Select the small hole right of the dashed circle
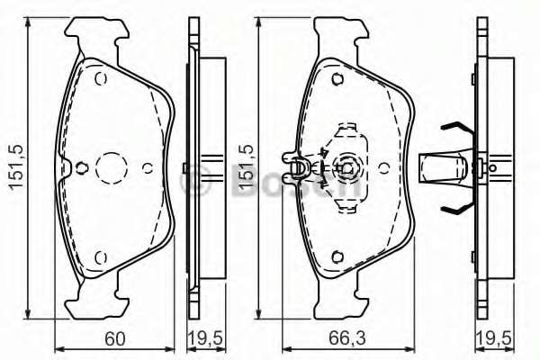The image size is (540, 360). (147, 166)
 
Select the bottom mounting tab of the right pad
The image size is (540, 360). (343, 297)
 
